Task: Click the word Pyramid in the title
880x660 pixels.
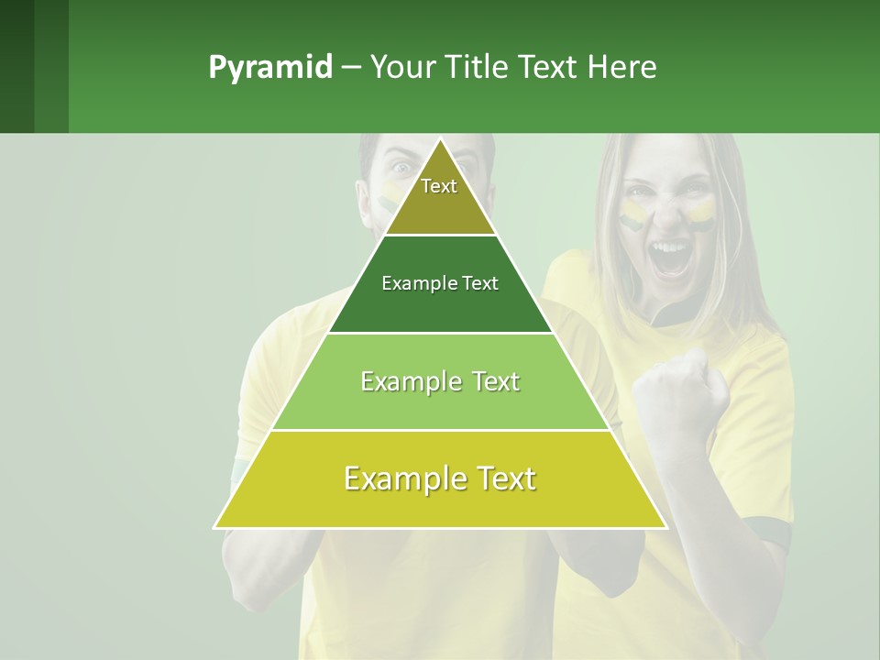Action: point(270,68)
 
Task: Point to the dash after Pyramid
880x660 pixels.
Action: point(350,68)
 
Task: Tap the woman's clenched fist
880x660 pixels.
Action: point(683,394)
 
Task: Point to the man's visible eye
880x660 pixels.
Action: point(401,168)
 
